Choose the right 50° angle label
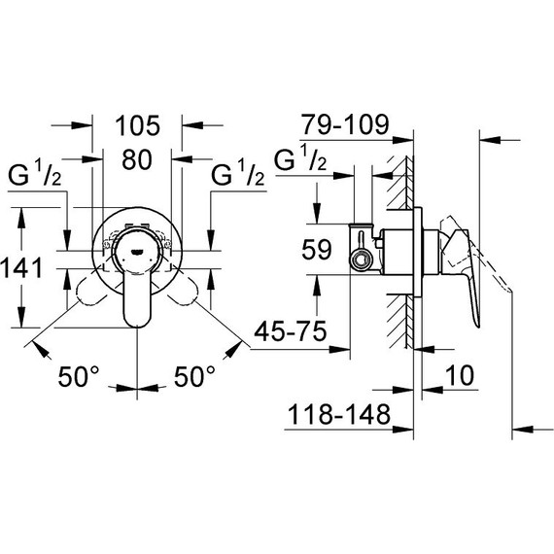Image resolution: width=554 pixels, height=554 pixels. point(195,376)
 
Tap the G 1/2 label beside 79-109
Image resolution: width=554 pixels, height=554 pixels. point(302,160)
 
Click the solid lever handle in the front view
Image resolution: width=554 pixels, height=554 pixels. point(137,292)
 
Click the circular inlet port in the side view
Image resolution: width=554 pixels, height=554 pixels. point(362,260)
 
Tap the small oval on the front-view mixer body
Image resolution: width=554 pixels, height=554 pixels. point(137,249)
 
